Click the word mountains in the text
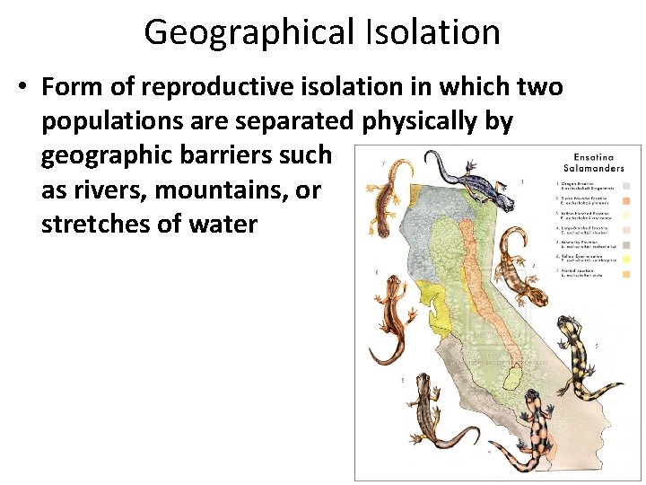tap(212, 189)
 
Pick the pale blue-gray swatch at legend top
tap(625, 186)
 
